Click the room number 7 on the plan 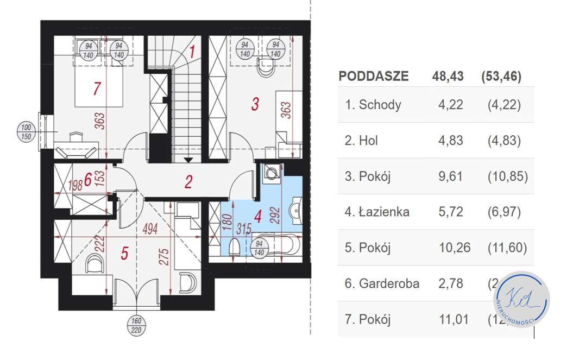[97, 88]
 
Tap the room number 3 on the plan [254, 103]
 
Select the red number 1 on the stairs [192, 53]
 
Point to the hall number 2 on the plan [188, 181]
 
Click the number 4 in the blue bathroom [257, 217]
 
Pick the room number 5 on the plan [124, 254]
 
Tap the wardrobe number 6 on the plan [88, 181]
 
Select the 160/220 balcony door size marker [136, 324]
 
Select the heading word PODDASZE [373, 76]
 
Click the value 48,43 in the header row [448, 76]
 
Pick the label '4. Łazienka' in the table [377, 212]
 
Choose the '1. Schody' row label [373, 105]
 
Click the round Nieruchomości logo [522, 299]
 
